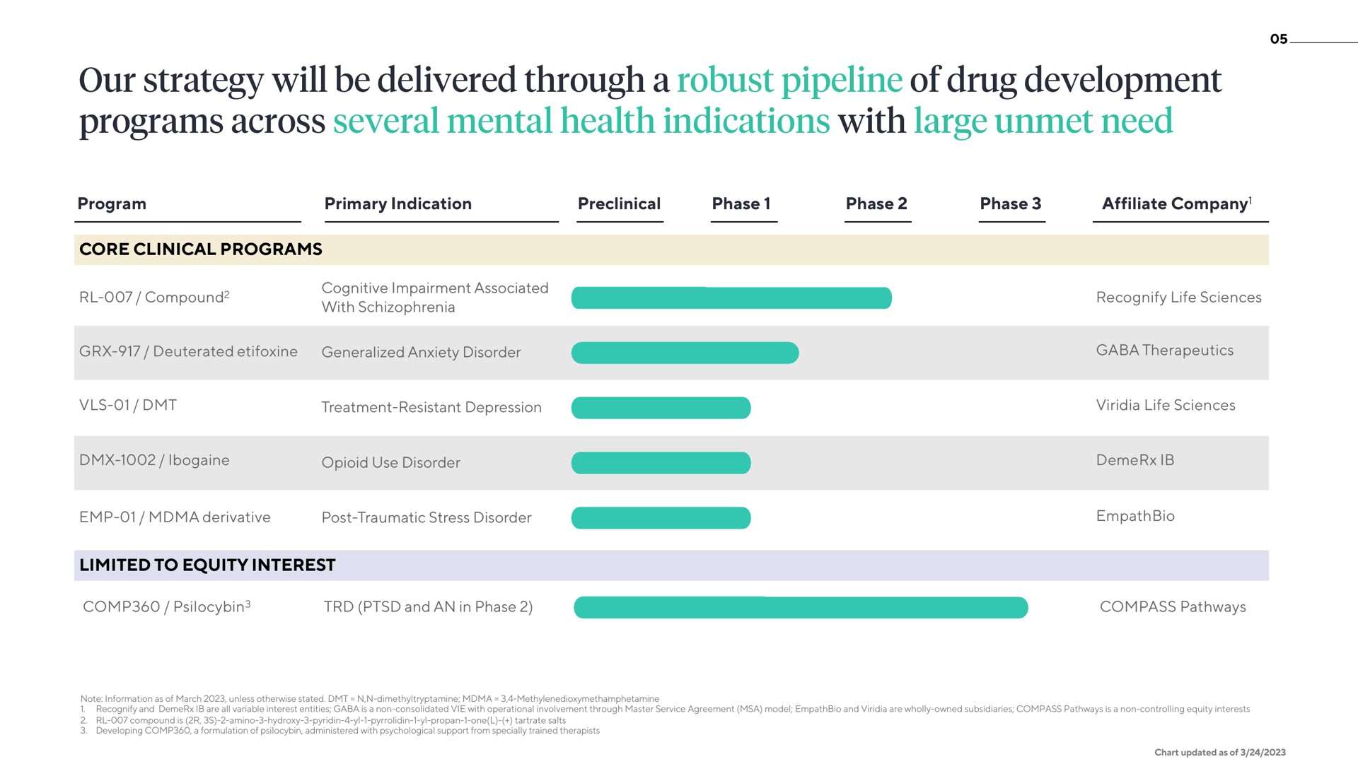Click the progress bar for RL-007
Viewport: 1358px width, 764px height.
click(x=731, y=298)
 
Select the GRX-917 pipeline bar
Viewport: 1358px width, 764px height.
click(x=685, y=353)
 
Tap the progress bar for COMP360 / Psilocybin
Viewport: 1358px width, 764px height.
click(x=801, y=608)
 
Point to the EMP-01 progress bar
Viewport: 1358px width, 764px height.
click(x=661, y=518)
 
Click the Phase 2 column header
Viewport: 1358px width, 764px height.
click(x=876, y=204)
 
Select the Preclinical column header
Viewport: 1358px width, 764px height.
click(x=619, y=204)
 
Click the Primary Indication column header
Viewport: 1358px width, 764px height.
click(x=398, y=204)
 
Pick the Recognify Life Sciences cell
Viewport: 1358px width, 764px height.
click(x=1179, y=298)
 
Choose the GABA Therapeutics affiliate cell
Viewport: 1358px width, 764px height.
click(x=1165, y=351)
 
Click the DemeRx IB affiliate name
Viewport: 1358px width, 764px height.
click(x=1135, y=460)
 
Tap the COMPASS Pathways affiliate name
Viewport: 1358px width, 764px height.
click(x=1173, y=607)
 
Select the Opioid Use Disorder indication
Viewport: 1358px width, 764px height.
click(x=390, y=463)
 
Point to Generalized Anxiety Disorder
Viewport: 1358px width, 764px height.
click(x=421, y=353)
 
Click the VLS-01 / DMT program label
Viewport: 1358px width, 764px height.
click(x=128, y=405)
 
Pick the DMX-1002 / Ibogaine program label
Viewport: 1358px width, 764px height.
click(x=154, y=460)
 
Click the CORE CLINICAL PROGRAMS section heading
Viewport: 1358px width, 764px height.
click(x=201, y=249)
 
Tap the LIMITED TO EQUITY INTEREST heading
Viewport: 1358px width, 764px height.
click(x=207, y=565)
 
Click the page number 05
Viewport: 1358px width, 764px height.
click(x=1279, y=40)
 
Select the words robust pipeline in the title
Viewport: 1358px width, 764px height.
click(x=789, y=81)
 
